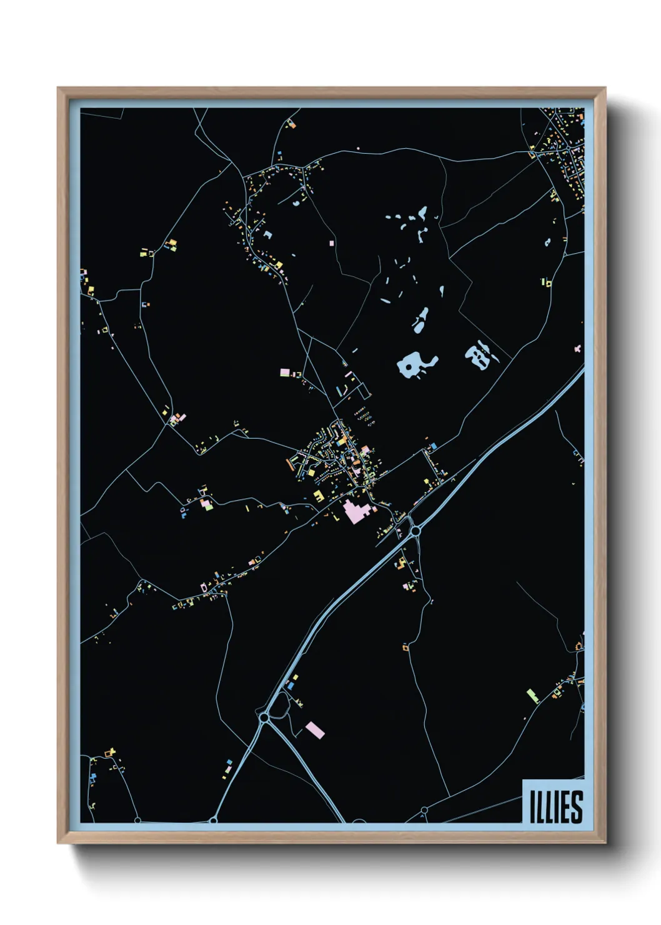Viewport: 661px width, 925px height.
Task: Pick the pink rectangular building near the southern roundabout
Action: [315, 729]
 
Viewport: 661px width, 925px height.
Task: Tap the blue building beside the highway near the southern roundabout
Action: [291, 686]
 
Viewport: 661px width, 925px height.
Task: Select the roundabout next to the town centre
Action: [415, 531]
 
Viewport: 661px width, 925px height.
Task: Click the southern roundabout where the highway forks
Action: [264, 718]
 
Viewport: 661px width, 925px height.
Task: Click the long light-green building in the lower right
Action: [532, 695]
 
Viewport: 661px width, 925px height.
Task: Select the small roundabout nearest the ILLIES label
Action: [424, 810]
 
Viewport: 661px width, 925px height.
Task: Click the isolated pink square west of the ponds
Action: [331, 241]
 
